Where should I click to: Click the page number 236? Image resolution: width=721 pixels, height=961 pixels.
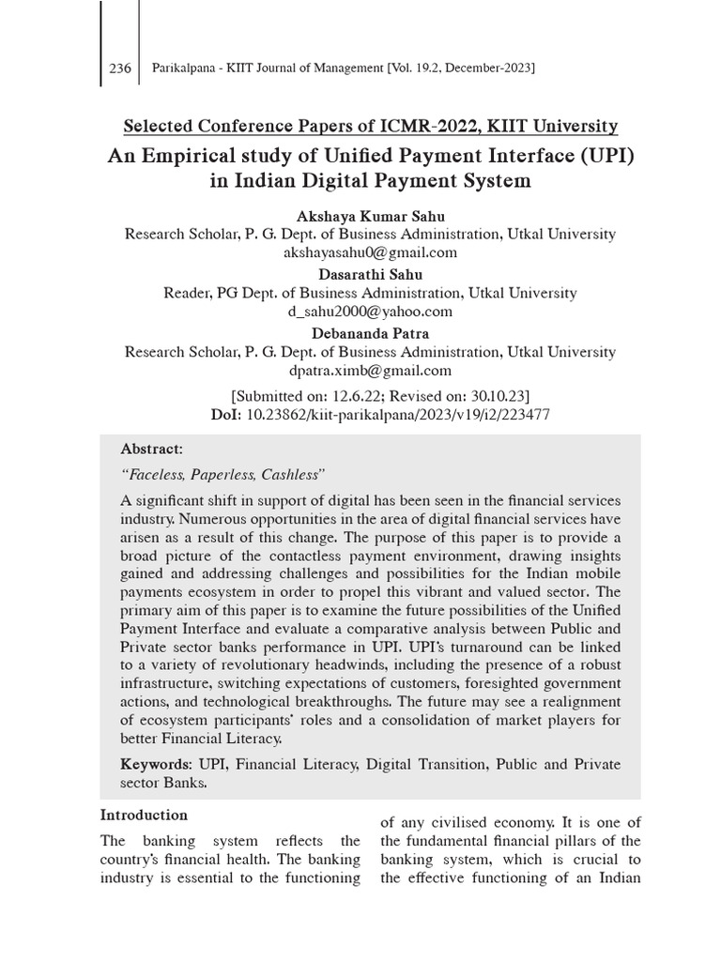click(120, 68)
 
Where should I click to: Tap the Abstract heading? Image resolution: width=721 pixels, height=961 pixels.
click(151, 449)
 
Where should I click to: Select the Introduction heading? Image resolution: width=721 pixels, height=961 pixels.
click(144, 815)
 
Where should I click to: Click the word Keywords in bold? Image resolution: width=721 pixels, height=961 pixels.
click(153, 764)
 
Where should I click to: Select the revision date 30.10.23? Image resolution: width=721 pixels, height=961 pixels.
click(495, 395)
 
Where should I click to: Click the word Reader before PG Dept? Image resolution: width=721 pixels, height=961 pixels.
click(190, 293)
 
